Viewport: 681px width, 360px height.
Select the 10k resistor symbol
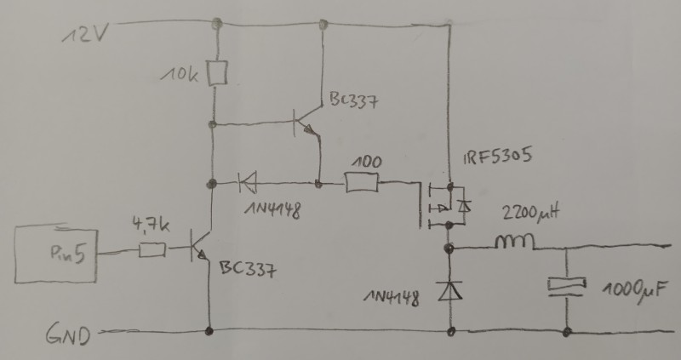[219, 71]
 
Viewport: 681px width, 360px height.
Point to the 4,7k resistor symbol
[152, 250]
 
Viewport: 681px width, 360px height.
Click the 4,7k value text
[151, 227]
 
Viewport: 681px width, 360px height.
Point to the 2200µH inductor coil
[516, 244]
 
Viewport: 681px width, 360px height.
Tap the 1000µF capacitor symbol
[567, 287]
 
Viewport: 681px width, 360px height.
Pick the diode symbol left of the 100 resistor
[249, 181]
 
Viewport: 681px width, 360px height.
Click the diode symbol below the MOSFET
[449, 290]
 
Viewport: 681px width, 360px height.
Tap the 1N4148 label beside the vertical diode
[391, 298]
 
